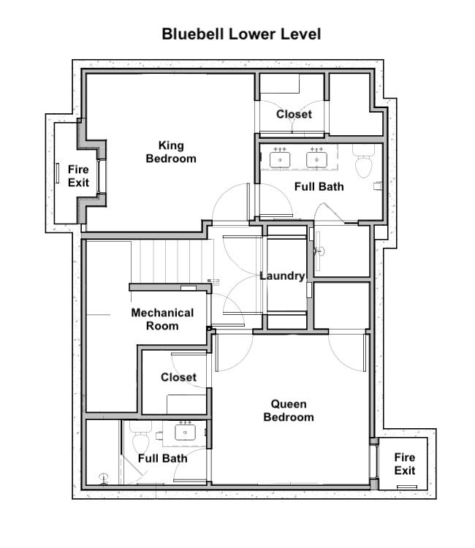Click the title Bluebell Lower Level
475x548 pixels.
241,34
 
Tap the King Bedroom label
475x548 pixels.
171,152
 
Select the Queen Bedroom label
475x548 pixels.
289,411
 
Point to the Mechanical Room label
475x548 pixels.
162,319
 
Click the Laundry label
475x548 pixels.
282,275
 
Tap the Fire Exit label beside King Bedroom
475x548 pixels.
78,176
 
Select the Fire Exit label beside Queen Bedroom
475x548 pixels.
405,464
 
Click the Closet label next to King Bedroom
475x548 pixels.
294,114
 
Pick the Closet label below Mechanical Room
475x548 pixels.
178,377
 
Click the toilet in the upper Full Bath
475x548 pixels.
363,161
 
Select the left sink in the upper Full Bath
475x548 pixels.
280,159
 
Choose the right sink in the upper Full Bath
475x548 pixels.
316,159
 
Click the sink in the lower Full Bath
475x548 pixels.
185,433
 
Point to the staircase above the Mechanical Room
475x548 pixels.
171,261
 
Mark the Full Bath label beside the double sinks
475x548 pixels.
319,186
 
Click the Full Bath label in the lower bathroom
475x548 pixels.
162,458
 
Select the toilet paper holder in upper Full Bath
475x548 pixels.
378,186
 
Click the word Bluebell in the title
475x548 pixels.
192,34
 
